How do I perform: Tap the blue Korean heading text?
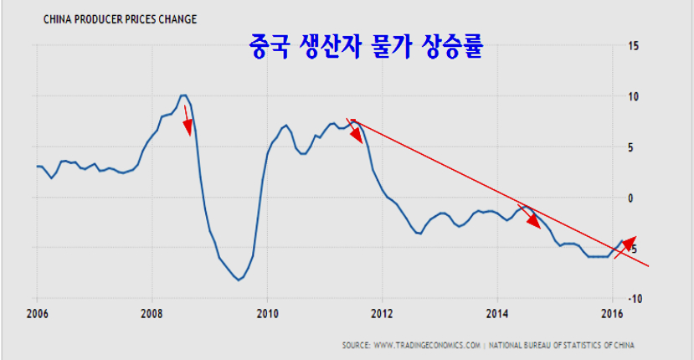368,45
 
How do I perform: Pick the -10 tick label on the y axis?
634,299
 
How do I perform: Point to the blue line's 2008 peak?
184,95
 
